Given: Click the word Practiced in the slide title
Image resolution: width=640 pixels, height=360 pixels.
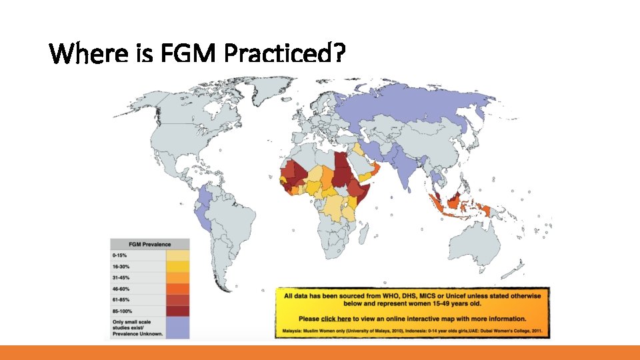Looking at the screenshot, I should (x=284, y=53).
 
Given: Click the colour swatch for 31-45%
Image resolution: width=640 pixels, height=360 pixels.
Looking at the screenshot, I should (x=177, y=277).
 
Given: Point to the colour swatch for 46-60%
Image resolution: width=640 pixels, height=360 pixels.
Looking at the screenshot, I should (x=177, y=289).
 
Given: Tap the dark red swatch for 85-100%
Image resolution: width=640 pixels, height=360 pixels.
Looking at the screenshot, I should (x=177, y=311).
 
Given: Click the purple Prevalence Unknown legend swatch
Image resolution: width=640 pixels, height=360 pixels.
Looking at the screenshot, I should (x=177, y=327).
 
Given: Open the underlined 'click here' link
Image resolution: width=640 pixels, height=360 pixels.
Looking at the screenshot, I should (x=336, y=319).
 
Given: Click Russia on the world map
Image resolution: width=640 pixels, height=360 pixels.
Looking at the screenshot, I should (x=413, y=107).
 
